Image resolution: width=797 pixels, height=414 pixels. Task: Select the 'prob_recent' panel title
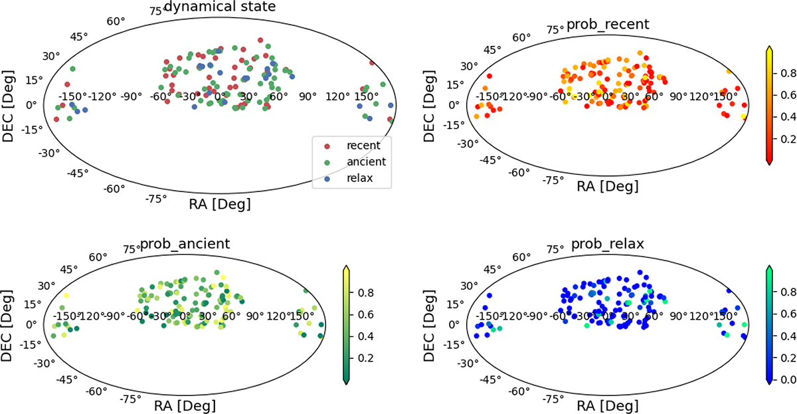pos(608,25)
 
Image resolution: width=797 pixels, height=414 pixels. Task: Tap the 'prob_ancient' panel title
pos(185,244)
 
